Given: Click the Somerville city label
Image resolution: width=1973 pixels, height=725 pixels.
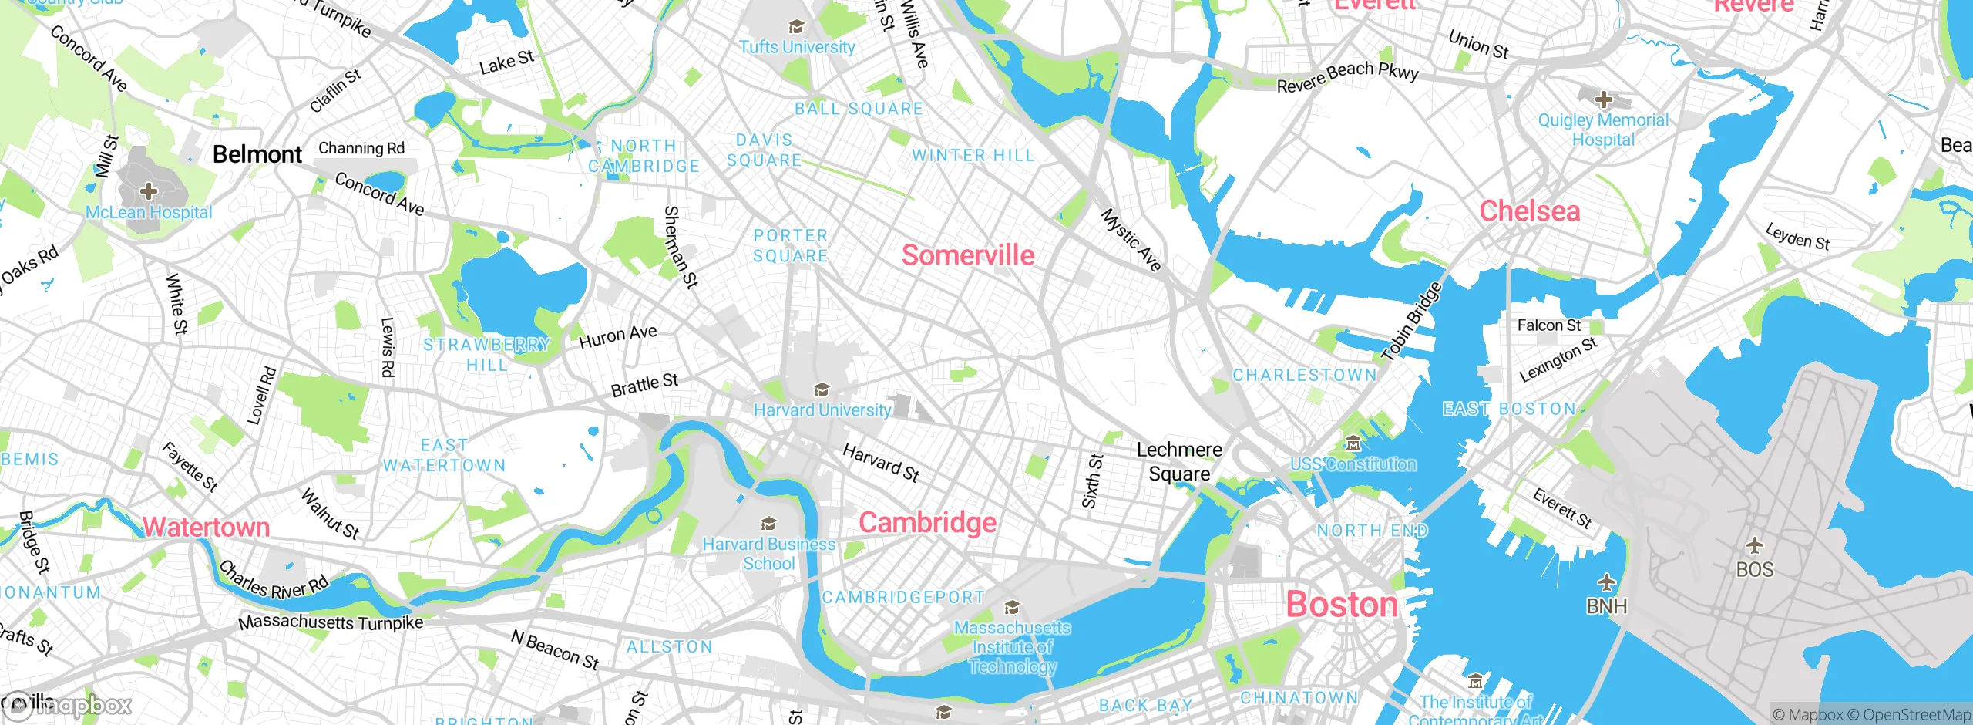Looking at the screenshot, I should coord(968,255).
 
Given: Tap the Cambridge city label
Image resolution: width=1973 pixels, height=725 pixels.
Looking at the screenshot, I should coord(927,523).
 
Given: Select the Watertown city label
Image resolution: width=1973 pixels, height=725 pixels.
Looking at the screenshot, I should coord(206,528).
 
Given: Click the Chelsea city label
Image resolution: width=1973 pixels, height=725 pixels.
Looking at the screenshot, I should coord(1529,211).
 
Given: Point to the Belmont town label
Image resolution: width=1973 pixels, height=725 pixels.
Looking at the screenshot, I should coord(257,154).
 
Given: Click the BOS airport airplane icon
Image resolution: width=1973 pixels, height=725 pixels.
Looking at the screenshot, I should coord(1755,546).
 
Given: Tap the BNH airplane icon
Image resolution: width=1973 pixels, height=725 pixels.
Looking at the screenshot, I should coord(1606,582).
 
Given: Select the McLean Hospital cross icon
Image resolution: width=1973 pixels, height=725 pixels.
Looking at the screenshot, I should coord(148,191).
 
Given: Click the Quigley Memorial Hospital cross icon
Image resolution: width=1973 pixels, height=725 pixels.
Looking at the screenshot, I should coord(1604,99).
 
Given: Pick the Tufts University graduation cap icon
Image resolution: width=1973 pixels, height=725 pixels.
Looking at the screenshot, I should coord(796,28).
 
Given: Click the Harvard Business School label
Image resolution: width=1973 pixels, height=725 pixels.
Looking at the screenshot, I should coord(768,554).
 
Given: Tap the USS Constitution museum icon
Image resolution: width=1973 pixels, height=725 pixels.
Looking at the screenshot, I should coord(1353,443).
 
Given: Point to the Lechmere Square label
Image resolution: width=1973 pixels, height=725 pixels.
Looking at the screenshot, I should coord(1179,461).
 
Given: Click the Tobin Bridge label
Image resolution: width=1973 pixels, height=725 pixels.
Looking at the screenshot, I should coord(1411,322).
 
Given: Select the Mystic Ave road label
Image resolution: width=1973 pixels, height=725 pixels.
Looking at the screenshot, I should coord(1131,240).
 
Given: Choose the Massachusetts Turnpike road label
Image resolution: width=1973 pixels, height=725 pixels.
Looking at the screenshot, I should coord(331,622).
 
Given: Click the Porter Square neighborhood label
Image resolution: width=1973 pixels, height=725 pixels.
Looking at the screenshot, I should coord(790,245).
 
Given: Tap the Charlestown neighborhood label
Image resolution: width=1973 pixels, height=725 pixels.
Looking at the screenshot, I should coord(1304,376).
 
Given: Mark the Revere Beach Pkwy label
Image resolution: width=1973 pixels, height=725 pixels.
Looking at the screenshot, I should coord(1347,76).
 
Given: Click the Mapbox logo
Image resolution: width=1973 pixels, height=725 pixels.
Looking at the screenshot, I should coord(68,706).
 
